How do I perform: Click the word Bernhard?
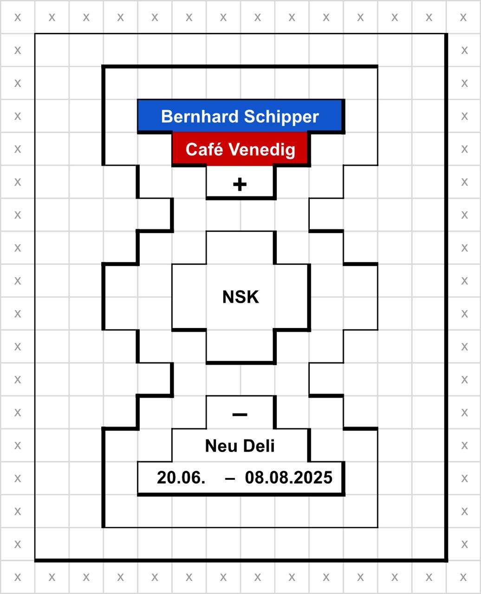[x=200, y=116]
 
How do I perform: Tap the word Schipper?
[x=281, y=117]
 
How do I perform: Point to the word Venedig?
[x=262, y=150]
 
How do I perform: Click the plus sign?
[x=240, y=184]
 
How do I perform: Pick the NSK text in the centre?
[x=240, y=297]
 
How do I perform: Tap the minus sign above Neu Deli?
[x=240, y=415]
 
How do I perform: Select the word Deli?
[x=259, y=445]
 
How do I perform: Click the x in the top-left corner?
[x=18, y=18]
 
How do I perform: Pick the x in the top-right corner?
[x=463, y=18]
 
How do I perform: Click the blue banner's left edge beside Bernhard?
[x=138, y=116]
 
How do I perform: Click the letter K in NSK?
[x=253, y=297]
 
